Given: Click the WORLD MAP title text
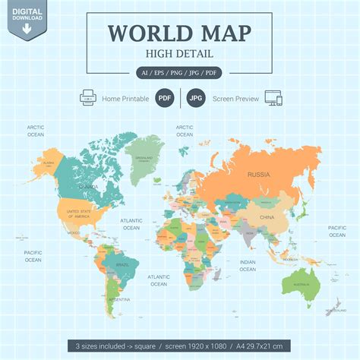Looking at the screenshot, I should [180, 33].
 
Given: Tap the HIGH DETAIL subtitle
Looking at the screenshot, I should [180, 53].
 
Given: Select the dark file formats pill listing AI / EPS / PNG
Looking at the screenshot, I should [180, 73].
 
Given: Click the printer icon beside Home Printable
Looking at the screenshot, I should [87, 98].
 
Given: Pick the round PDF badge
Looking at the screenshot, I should [163, 98].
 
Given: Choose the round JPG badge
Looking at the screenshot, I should [197, 98].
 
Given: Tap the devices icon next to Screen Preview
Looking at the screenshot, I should [272, 98].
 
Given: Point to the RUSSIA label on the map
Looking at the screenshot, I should [258, 175].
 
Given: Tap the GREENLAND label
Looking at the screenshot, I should [142, 159].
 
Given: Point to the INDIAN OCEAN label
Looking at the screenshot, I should [248, 265].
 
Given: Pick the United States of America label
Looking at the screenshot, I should [79, 213].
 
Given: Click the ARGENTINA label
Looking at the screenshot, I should [118, 299].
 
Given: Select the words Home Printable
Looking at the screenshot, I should [126, 98].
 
